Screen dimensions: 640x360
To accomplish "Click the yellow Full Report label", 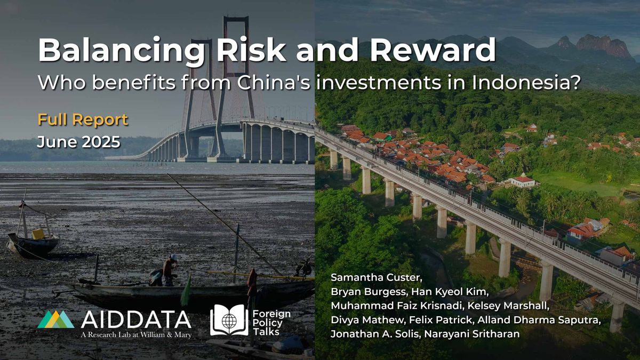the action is (x=83, y=119).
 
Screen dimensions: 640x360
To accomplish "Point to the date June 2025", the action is (x=78, y=142).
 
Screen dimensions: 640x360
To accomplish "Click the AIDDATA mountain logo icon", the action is (x=55, y=319).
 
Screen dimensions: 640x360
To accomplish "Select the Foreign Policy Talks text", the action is (x=271, y=323).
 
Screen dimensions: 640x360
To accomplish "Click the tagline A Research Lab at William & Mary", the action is (x=136, y=334).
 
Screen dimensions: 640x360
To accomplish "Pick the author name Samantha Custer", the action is (x=377, y=277).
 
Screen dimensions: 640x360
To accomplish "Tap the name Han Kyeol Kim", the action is (x=450, y=292).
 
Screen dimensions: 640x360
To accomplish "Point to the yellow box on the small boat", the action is (x=38, y=234).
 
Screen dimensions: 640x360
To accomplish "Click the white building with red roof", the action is (x=523, y=180).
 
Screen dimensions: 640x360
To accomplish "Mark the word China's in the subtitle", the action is (x=274, y=83).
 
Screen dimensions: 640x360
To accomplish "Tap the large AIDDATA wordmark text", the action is (x=136, y=319).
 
